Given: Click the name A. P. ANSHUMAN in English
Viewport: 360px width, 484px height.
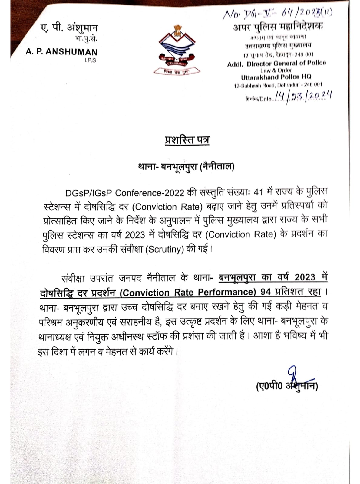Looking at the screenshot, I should [x=61, y=52].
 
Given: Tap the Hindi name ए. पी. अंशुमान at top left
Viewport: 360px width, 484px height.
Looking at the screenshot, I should [x=69, y=28].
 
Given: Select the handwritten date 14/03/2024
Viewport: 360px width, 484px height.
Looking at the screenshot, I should [x=303, y=96].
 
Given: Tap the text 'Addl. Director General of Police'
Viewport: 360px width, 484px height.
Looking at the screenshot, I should [x=276, y=64].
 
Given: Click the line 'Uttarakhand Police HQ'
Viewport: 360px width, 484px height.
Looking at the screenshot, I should [x=276, y=77].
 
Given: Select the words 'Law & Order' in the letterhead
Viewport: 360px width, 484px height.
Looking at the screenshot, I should [x=276, y=70].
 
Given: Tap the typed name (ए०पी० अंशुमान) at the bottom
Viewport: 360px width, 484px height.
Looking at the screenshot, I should [x=286, y=386].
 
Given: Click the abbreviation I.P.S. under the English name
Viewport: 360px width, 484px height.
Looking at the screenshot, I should [x=91, y=60].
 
